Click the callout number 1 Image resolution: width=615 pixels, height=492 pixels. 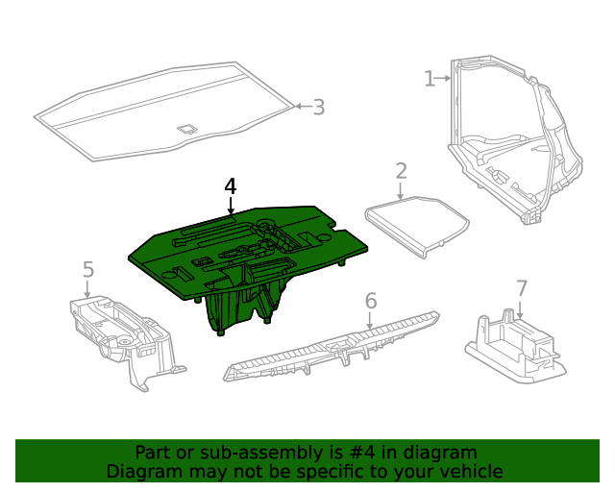tap(430, 78)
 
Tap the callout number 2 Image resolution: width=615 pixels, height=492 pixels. tap(402, 171)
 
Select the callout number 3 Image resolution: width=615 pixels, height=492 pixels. tap(318, 108)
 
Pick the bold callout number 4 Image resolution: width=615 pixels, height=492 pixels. tap(230, 184)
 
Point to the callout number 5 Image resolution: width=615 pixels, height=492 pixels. tap(87, 270)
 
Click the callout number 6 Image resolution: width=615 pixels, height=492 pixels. tap(371, 301)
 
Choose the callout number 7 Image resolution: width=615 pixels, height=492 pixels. tap(522, 288)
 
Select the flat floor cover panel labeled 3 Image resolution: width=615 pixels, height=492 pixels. tap(144, 120)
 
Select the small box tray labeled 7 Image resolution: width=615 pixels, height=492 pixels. tap(514, 346)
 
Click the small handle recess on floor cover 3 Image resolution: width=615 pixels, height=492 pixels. tap(187, 126)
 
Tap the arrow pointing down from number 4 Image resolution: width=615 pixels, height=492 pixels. tap(230, 204)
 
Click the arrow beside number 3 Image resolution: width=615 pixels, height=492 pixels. tap(300, 107)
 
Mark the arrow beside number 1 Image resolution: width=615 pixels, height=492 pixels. tap(445, 78)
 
